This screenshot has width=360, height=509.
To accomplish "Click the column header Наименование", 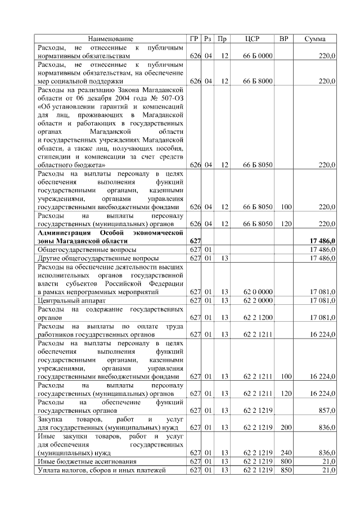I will [x=110, y=39].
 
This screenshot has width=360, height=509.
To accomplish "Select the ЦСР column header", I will [x=253, y=39].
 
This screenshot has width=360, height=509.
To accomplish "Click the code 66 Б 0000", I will [x=258, y=56].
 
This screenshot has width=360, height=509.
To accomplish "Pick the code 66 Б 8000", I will [x=258, y=81].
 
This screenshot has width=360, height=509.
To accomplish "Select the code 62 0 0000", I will [x=258, y=292].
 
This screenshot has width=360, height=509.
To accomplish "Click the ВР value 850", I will [x=286, y=470].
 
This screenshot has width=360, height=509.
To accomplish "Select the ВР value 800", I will [x=286, y=461].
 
